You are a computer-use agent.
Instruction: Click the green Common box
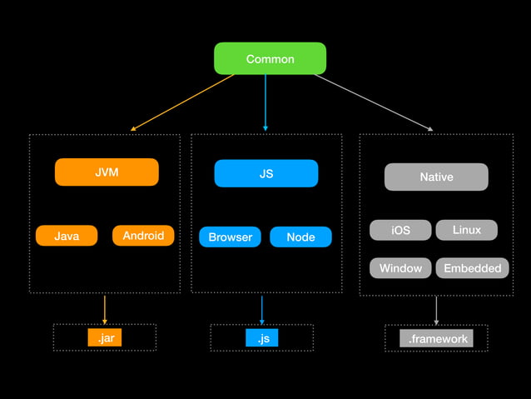tap(270, 59)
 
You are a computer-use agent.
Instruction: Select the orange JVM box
tap(107, 172)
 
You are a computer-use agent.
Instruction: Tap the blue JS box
tap(266, 174)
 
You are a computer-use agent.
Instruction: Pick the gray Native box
tap(436, 177)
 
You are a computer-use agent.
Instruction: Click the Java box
tap(67, 236)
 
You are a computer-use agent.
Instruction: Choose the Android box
tap(143, 236)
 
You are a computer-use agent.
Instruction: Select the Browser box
tap(231, 237)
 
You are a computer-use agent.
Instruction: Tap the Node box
tap(300, 237)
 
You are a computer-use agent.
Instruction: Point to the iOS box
tap(400, 230)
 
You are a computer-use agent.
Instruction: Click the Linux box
tap(466, 230)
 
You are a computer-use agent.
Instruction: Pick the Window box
tap(400, 267)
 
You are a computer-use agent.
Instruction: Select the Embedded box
tap(472, 267)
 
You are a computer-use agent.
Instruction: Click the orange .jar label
tap(105, 338)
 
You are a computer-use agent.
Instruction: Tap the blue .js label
tap(262, 338)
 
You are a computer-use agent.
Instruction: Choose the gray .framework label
tap(437, 339)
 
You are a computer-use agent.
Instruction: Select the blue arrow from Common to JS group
tap(265, 102)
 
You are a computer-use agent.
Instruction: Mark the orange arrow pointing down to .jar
tap(104, 309)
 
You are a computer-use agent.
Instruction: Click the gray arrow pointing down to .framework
tap(436, 311)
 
